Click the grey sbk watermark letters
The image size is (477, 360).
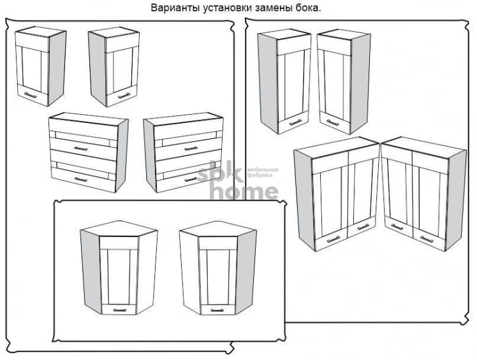tap(220, 172)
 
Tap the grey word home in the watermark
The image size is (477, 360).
tap(244, 192)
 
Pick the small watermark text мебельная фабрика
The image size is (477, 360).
tap(263, 173)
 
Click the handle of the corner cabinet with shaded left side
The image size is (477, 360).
tap(119, 310)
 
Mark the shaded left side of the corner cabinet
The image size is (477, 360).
tap(91, 271)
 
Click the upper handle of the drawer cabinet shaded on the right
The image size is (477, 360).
tap(80, 148)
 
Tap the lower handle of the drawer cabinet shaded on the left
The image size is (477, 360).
tap(191, 180)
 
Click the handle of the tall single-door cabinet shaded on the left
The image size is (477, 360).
tap(295, 123)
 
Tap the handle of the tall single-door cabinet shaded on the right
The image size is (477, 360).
tap(332, 122)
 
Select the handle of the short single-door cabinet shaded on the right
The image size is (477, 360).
tap(30, 95)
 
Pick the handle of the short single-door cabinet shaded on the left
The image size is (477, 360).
tap(124, 95)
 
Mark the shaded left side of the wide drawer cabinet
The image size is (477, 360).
tap(150, 155)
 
